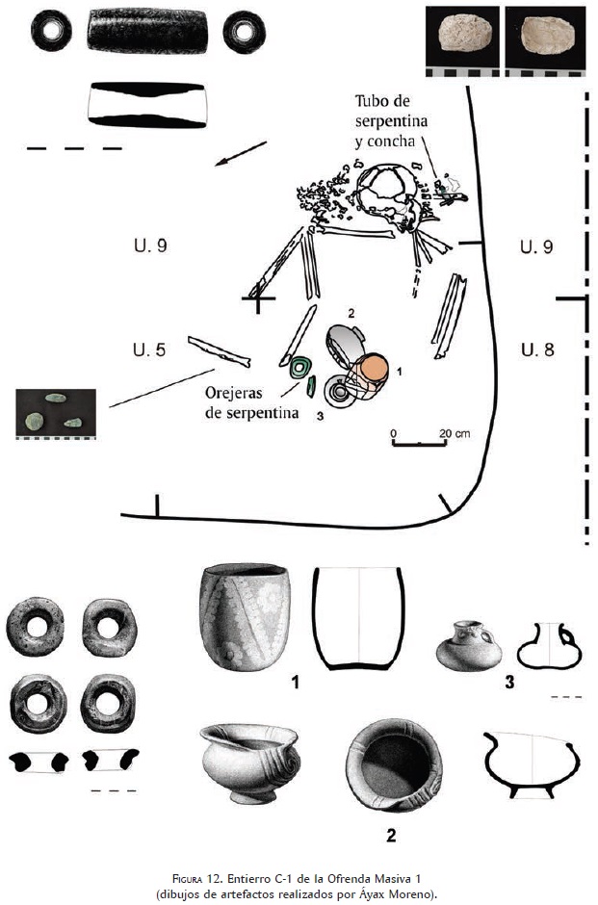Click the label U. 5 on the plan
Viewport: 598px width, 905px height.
[148, 348]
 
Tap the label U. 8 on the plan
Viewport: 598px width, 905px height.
[536, 349]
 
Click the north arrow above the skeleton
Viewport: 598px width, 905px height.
[240, 152]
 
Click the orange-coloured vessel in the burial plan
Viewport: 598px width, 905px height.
[374, 370]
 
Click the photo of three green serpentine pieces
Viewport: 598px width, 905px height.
[55, 412]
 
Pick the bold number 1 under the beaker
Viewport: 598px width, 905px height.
[296, 683]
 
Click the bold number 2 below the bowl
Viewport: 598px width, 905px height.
[391, 835]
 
